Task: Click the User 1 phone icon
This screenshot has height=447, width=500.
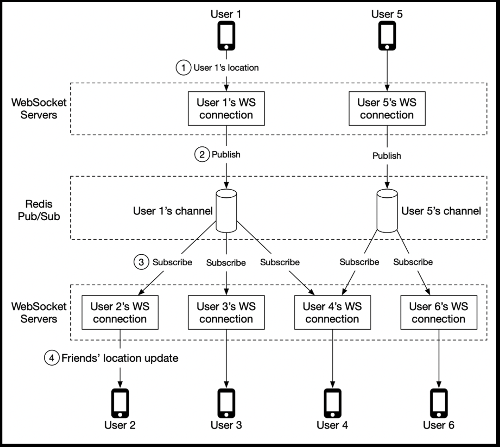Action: [x=226, y=36]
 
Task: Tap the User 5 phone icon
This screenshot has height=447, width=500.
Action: [x=387, y=36]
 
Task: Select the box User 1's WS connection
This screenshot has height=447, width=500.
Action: [x=226, y=108]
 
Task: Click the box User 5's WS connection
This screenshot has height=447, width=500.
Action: [x=387, y=108]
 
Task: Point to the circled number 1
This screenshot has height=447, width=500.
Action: [x=183, y=68]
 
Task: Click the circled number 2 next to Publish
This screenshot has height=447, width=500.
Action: [x=202, y=155]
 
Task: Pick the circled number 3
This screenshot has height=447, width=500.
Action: [x=141, y=262]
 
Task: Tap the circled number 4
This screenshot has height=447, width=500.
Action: [x=52, y=358]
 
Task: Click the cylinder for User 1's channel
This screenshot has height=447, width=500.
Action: [x=226, y=211]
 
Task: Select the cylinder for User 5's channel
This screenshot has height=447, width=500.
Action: [x=387, y=211]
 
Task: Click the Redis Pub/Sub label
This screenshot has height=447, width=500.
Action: [x=39, y=210]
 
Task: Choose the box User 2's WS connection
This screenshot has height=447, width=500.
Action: [x=120, y=312]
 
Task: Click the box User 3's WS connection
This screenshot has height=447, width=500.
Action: [x=226, y=312]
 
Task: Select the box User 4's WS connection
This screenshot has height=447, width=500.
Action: [x=332, y=312]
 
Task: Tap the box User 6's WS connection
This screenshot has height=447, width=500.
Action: [x=439, y=312]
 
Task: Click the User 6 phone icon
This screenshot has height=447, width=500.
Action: [x=439, y=403]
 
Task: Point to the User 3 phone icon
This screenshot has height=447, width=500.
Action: [x=226, y=403]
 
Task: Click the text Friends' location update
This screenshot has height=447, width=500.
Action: [x=120, y=358]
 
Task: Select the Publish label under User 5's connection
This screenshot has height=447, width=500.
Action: [x=387, y=155]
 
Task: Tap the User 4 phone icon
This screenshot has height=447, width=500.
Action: [x=332, y=403]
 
